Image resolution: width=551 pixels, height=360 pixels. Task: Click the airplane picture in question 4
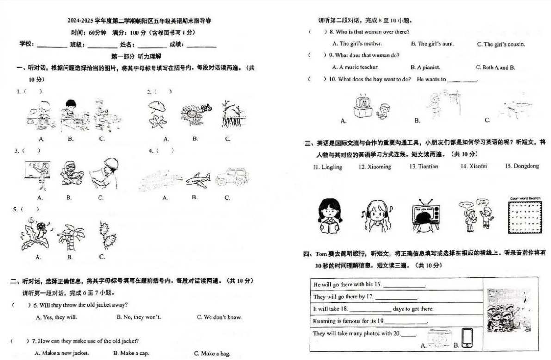tap(198, 179)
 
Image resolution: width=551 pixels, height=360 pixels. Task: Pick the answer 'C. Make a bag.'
tap(212, 354)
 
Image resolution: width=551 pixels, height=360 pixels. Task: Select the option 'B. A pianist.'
tap(425, 68)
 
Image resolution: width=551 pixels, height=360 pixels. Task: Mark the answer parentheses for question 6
tap(20, 305)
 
